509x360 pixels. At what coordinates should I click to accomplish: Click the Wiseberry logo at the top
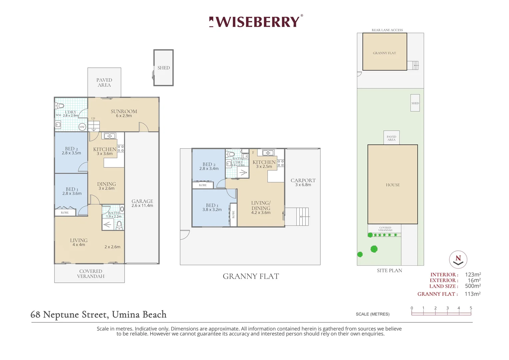pos(256,22)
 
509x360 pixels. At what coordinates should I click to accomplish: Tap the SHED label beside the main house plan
pos(164,68)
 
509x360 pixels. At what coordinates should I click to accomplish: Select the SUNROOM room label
pos(124,111)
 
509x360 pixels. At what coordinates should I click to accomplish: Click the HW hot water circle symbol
pos(82,127)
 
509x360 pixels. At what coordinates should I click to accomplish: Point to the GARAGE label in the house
pos(142,201)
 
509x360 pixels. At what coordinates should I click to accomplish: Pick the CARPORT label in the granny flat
pos(303,180)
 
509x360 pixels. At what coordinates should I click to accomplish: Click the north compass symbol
pos(458,259)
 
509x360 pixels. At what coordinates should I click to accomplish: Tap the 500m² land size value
pos(473,286)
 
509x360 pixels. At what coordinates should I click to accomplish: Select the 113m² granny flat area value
pos(472,294)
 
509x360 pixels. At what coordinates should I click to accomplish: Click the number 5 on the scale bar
pos(471,308)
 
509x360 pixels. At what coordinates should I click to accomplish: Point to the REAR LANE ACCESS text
pos(387,30)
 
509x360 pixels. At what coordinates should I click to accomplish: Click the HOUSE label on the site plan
pos(393,185)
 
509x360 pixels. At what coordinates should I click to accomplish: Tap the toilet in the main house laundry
pos(60,106)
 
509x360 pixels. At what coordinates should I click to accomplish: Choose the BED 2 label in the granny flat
pos(209,164)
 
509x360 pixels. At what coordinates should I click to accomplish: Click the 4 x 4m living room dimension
pos(79,245)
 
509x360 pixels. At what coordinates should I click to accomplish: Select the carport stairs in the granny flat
pos(297,217)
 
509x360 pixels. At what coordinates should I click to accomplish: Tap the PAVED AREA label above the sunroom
pos(104,82)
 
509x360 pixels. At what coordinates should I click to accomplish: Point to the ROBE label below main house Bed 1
pos(65,212)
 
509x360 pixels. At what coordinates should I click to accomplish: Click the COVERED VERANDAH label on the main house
pos(91,274)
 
